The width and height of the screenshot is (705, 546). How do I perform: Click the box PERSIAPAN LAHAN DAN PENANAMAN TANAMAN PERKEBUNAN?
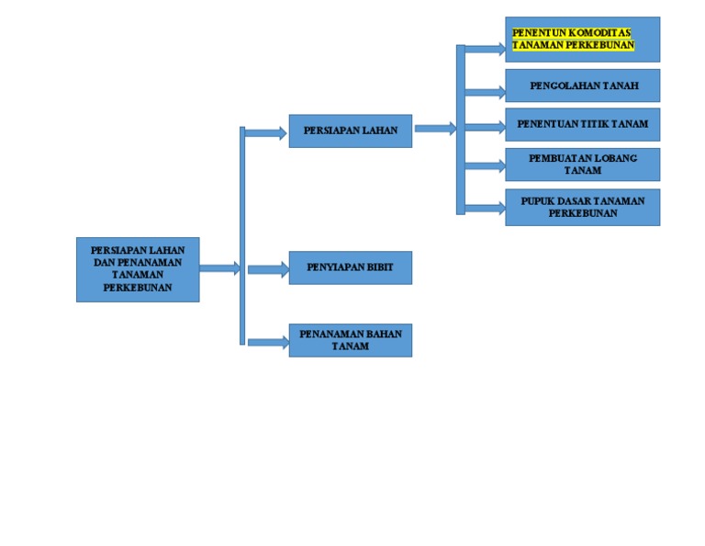137,268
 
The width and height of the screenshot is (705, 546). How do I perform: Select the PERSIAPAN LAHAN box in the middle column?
350,131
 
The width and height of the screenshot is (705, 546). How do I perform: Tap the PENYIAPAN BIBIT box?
350,267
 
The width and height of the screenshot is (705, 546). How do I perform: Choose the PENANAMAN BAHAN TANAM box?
350,340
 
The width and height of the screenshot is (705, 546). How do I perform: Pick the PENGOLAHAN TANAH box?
582,85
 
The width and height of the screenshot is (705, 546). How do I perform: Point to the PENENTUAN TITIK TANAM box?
582,124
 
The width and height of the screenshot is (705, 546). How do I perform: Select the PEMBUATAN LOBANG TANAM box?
582,165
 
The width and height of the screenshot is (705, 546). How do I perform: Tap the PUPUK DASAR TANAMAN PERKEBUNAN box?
582,207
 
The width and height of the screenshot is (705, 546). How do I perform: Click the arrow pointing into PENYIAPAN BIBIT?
267,269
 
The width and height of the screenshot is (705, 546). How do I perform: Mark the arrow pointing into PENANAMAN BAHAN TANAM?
267,342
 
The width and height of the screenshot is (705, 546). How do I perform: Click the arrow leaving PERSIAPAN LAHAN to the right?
434,129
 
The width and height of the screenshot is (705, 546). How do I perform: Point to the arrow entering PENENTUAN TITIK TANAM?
484,127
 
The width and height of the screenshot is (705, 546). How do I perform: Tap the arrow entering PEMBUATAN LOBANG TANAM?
484,166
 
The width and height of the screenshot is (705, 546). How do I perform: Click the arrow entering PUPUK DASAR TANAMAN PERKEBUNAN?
484,208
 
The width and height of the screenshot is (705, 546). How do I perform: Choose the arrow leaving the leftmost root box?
218,268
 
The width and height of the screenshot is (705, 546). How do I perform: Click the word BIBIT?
380,267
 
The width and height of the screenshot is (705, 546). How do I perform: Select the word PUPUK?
538,201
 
